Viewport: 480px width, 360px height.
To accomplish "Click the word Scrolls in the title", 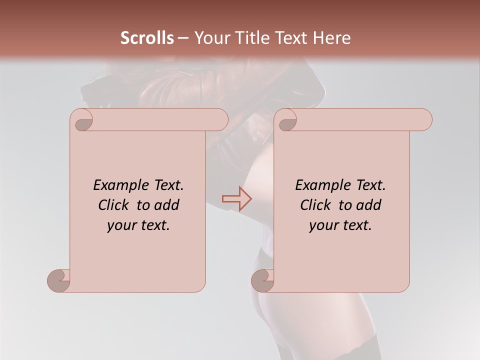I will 147,38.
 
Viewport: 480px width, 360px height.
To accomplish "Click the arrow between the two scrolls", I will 237,199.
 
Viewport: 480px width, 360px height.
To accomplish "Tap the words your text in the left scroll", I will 138,225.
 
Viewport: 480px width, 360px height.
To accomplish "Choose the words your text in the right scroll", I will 340,225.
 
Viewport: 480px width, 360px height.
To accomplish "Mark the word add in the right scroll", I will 369,205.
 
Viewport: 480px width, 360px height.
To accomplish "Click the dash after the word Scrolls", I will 183,38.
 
